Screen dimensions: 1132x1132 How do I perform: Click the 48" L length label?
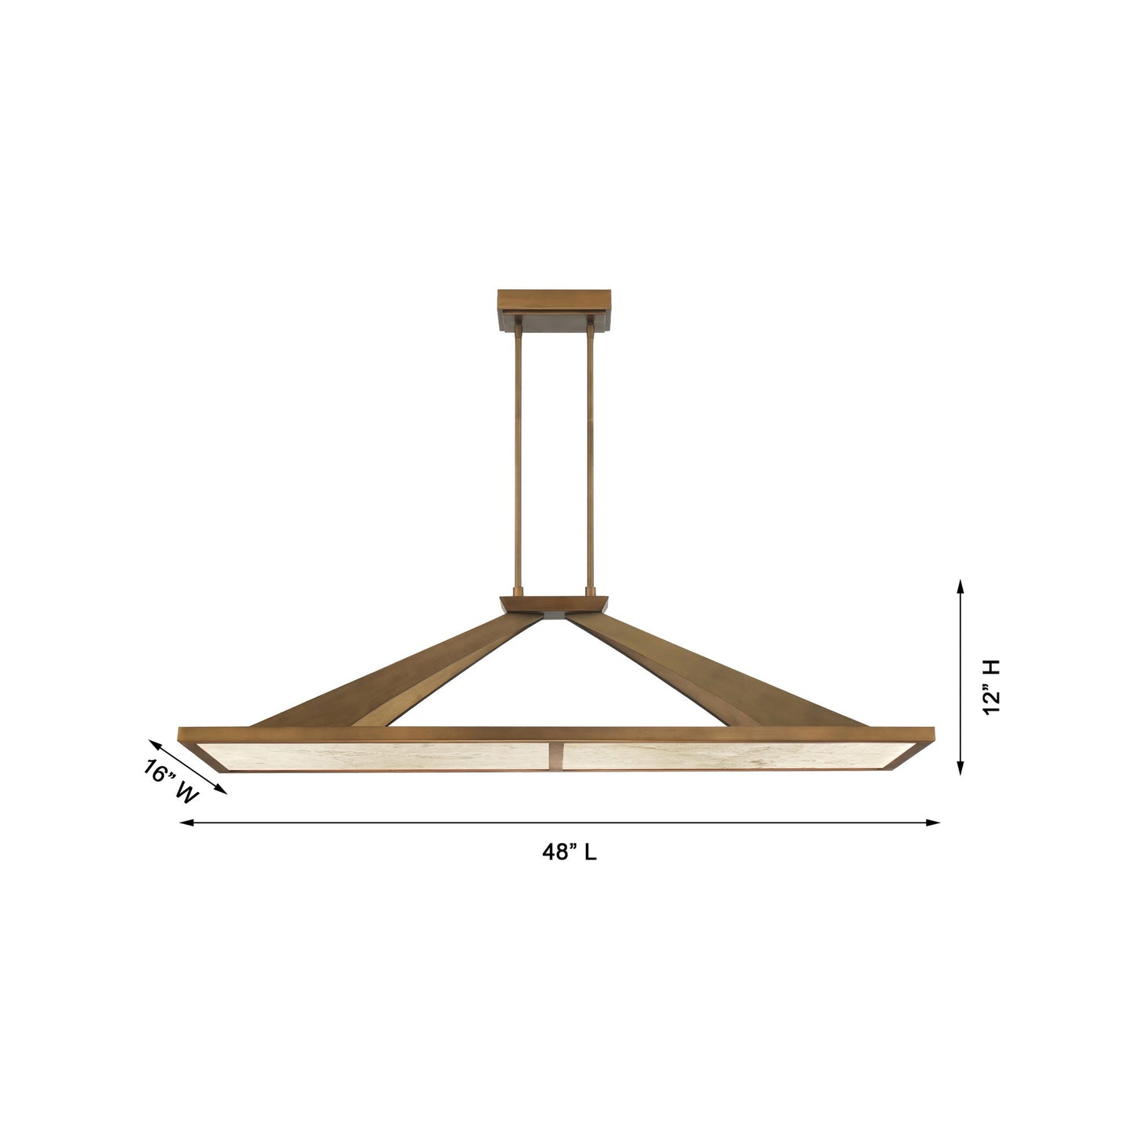pos(569,852)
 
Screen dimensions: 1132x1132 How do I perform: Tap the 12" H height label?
pos(992,687)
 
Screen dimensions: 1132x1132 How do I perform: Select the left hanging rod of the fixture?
pos(518,454)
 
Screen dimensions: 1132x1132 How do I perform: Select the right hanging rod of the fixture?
pos(590,454)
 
